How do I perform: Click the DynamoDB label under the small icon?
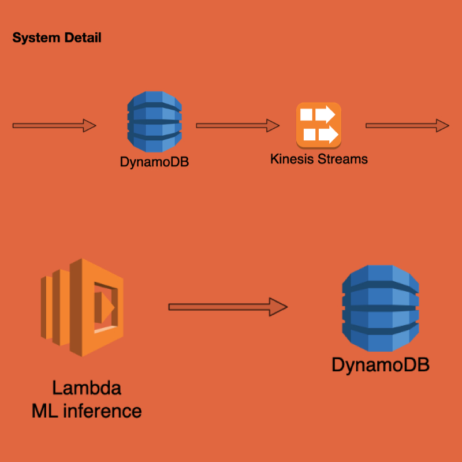coord(154,162)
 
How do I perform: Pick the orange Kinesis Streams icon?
coord(319,124)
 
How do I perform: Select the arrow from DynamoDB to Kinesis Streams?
coord(237,125)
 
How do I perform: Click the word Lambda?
coord(87,388)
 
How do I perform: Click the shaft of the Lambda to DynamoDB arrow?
coord(219,306)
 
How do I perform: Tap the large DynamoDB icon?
coord(380,309)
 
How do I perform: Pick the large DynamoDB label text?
coord(380,365)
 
